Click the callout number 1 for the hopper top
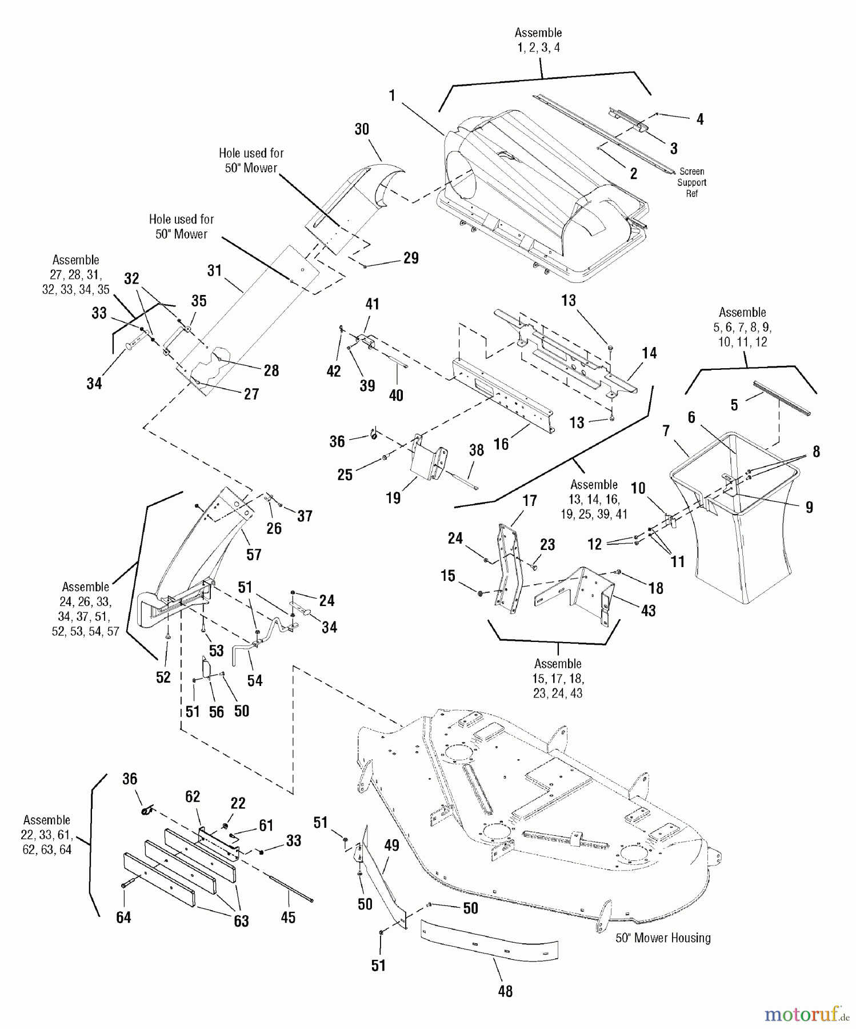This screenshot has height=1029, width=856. [392, 95]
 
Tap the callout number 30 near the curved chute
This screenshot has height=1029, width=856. [362, 130]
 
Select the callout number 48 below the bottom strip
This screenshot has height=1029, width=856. [505, 991]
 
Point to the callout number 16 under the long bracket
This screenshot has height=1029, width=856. [501, 444]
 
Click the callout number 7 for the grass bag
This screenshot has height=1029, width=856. [666, 431]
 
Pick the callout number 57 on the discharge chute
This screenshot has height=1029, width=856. [254, 555]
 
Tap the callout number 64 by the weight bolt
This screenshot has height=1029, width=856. [123, 917]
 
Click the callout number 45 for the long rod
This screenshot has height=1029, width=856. [289, 918]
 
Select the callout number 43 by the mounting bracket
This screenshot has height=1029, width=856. [649, 611]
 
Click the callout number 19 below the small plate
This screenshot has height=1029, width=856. [393, 498]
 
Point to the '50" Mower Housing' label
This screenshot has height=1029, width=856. [663, 938]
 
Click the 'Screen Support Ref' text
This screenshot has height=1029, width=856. [691, 182]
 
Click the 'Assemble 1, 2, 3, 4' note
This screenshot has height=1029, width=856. [538, 40]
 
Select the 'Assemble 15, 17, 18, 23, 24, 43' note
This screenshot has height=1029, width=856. [558, 679]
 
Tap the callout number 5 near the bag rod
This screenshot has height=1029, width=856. [734, 405]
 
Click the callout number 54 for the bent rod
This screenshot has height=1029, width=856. [255, 680]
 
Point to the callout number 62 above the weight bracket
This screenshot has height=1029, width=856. [193, 797]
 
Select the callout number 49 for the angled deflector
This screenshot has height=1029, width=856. [391, 845]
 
